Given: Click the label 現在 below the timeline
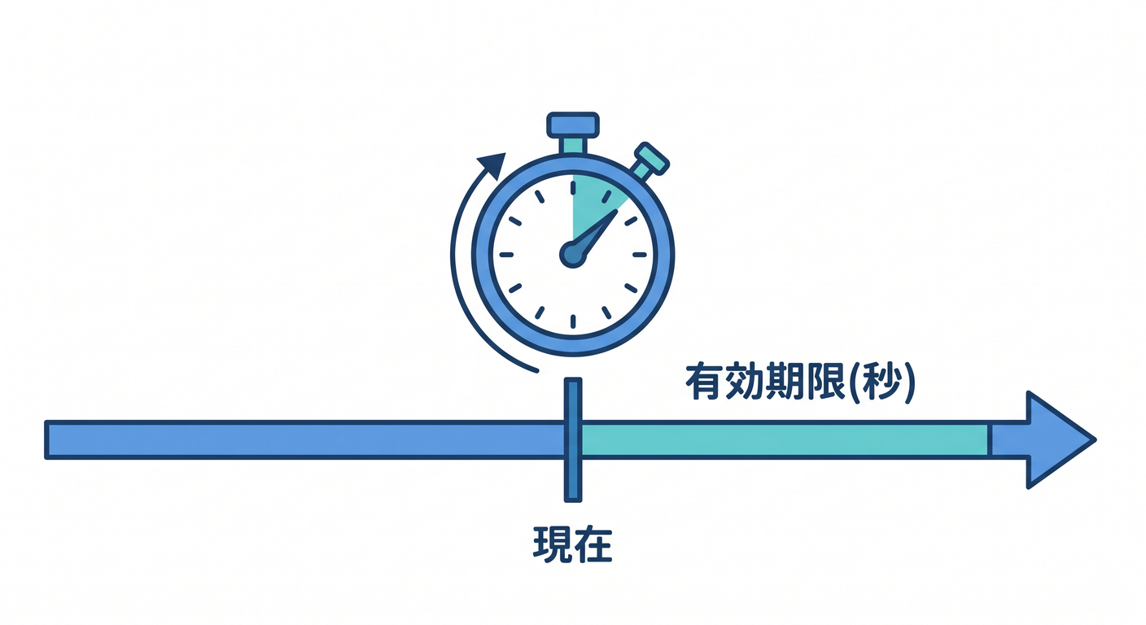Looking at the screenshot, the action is (x=572, y=544).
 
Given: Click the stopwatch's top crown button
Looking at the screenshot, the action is (x=573, y=125).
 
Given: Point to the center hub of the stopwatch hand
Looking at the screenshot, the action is (x=572, y=254).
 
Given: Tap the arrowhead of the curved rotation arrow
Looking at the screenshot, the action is (x=492, y=165).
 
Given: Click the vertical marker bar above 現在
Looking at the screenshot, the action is (x=573, y=439).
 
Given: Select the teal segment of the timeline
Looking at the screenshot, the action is (x=785, y=439).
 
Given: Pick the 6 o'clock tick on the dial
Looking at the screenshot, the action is (x=573, y=321).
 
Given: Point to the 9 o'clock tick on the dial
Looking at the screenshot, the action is (x=506, y=255).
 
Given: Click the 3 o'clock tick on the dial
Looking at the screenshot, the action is (x=640, y=255).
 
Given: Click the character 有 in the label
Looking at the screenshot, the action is (x=706, y=382).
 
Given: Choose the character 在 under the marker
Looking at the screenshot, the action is (x=593, y=544).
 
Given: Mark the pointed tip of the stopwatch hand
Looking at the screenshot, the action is (x=616, y=211).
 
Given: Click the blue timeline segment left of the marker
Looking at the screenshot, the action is (x=304, y=439).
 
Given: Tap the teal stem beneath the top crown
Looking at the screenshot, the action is (x=573, y=146).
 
